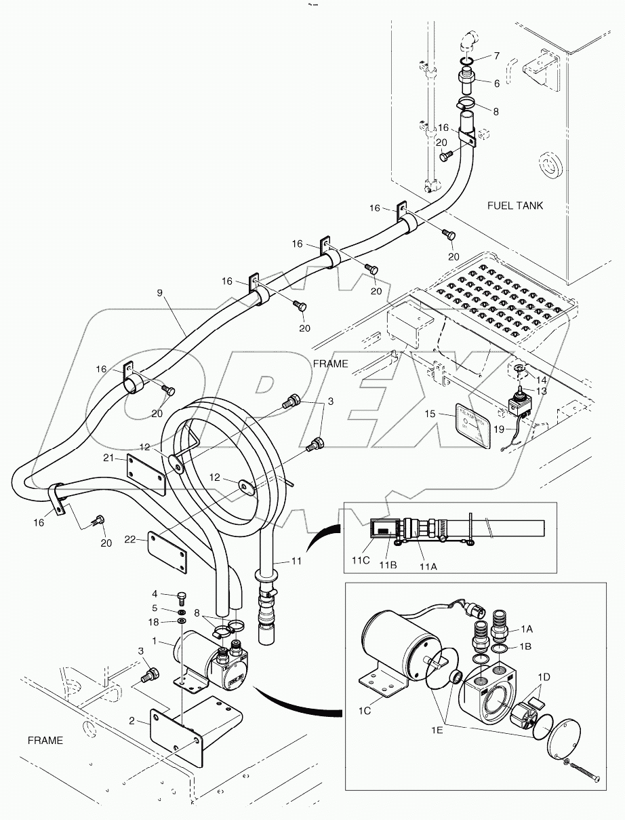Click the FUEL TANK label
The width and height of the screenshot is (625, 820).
pos(515,206)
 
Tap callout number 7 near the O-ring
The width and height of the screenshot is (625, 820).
pos(497,56)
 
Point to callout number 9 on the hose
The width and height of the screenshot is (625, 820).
pos(159,294)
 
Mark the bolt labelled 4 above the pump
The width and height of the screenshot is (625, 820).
pos(181,598)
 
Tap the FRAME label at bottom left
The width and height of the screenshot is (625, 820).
pos(45,741)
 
